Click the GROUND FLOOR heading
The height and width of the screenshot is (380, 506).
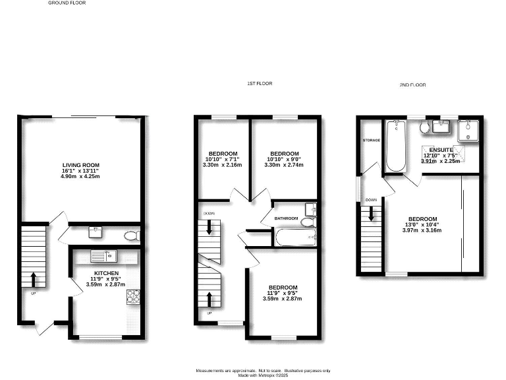[x=67, y=3]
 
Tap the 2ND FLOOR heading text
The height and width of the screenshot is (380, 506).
[x=413, y=85]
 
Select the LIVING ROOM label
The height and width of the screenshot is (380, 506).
[x=80, y=165]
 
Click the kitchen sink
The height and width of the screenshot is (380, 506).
[x=103, y=256]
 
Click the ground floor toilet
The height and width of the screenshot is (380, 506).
[x=131, y=235]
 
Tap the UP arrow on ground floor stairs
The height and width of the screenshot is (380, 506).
[x=33, y=278]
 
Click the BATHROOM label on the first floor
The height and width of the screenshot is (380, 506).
[x=286, y=218]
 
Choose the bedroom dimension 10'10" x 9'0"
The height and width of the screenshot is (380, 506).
[x=285, y=158]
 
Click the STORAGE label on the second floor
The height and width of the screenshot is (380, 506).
[x=371, y=141]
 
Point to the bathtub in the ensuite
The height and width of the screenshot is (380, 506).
[x=396, y=145]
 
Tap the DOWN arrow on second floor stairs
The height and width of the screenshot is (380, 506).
[x=372, y=213]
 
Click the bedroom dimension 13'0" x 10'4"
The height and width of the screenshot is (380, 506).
[x=422, y=225]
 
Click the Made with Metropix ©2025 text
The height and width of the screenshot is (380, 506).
[x=262, y=375]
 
